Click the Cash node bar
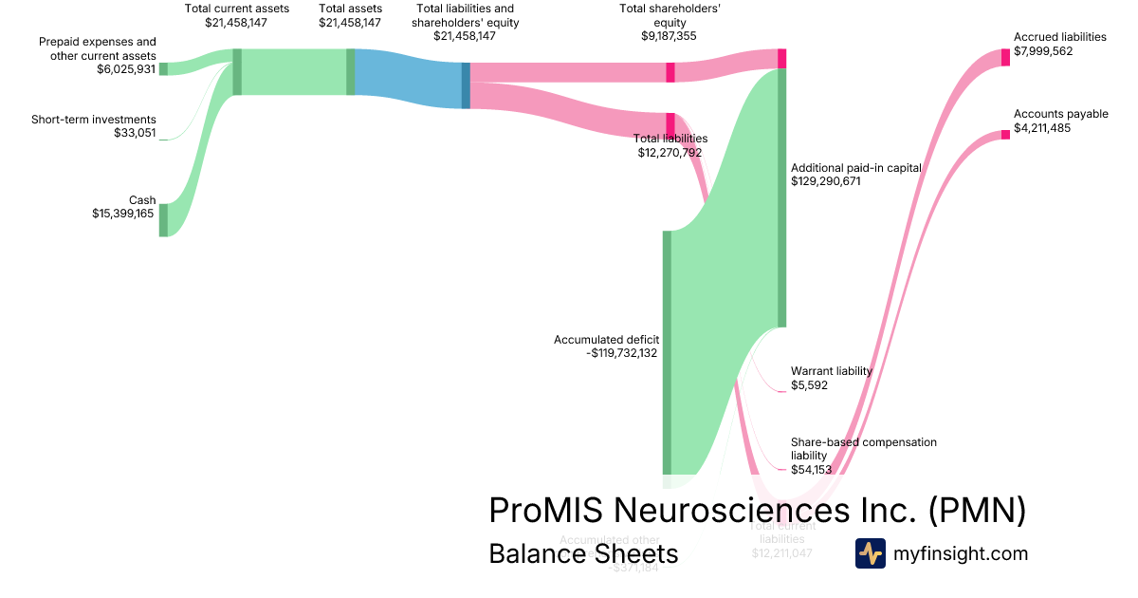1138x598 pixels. tap(163, 219)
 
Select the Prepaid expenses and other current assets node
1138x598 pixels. tap(163, 68)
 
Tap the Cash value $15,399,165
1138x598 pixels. tap(118, 214)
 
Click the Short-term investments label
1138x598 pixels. tap(93, 120)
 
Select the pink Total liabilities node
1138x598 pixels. tap(670, 124)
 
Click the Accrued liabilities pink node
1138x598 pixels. tap(1006, 57)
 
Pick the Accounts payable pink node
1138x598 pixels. tap(1006, 135)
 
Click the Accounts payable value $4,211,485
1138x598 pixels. tap(1042, 128)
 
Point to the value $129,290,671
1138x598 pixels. tap(825, 181)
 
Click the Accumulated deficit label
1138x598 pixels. tap(606, 339)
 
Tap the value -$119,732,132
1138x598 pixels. tap(622, 353)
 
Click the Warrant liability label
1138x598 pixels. tap(831, 371)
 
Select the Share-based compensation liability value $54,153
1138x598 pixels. tap(810, 469)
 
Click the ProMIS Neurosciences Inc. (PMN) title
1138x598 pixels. tap(757, 510)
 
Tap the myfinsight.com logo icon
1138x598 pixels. tap(870, 553)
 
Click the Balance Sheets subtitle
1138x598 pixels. tap(583, 553)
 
